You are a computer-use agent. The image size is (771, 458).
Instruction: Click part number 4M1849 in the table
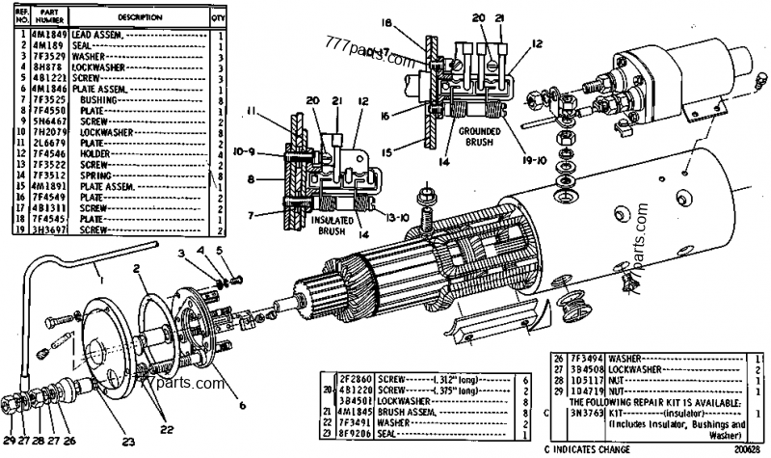click(44, 34)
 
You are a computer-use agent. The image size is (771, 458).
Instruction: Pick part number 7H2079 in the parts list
click(44, 132)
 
